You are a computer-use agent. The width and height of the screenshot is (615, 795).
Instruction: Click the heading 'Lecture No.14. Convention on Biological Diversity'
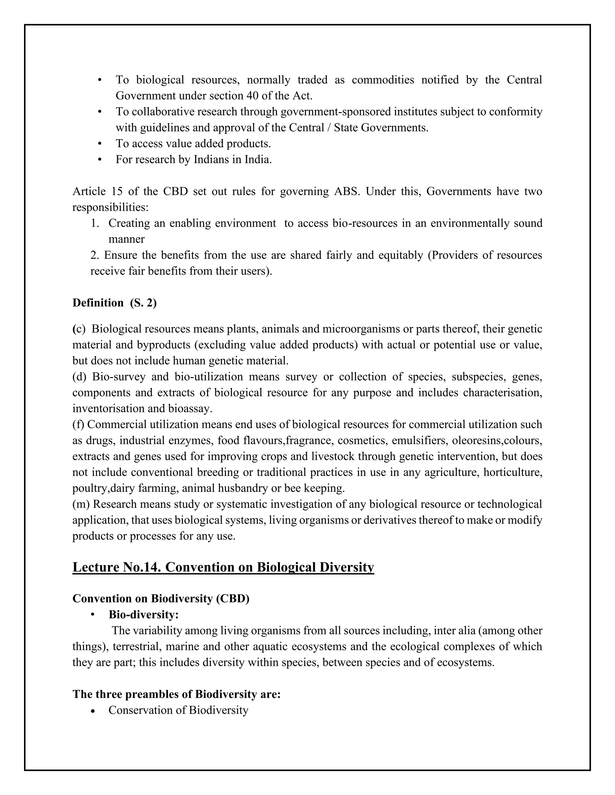coord(223,568)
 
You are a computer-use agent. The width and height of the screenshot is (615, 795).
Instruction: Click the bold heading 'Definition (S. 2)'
coord(114,303)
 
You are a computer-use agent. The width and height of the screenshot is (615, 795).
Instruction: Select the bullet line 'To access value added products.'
coord(193,144)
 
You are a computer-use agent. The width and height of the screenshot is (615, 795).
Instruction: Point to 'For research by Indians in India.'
coord(193,160)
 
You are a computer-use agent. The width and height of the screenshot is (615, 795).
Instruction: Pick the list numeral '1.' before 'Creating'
coord(95,223)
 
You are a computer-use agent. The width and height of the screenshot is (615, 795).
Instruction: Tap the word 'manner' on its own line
coord(126,239)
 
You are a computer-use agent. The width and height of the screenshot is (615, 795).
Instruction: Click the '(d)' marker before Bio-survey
coord(79,377)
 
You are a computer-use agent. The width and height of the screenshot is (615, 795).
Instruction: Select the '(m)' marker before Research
coord(81,504)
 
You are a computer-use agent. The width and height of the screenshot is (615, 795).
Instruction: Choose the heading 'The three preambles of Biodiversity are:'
coord(176,694)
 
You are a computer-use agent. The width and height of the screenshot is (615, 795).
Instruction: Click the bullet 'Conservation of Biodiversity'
coord(178,710)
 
